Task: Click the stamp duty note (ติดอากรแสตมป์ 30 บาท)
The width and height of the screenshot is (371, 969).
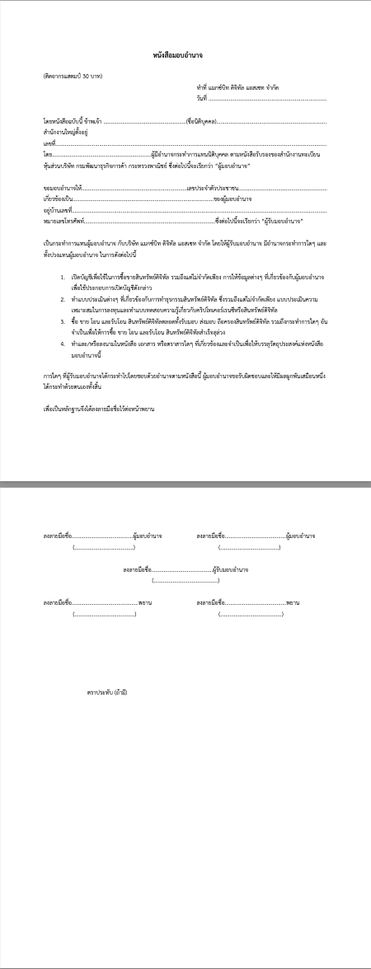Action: (73, 77)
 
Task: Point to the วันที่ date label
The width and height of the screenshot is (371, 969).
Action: (201, 99)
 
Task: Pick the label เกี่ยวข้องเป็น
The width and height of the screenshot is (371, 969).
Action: (59, 200)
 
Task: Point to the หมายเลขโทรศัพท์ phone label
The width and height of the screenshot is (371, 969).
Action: (64, 222)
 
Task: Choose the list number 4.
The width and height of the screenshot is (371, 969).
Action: (63, 341)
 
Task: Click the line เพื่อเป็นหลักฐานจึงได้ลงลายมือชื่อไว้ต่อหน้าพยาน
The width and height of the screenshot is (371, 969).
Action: (99, 409)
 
